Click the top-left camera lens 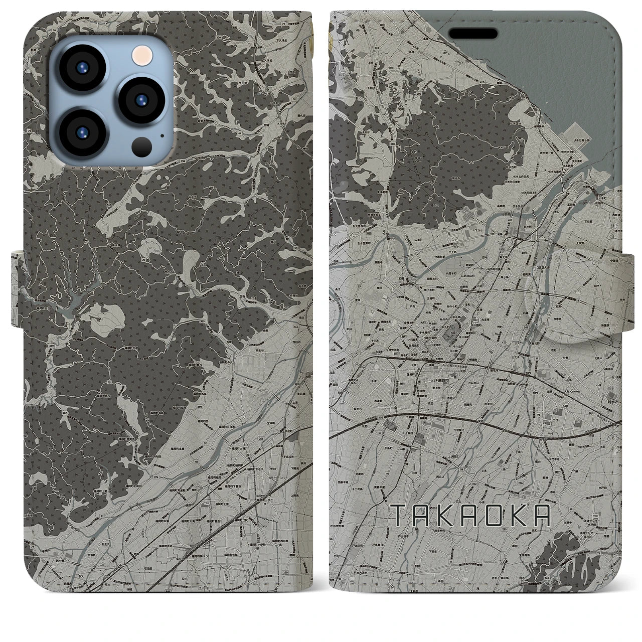[82, 69]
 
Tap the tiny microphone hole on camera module [162, 134]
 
